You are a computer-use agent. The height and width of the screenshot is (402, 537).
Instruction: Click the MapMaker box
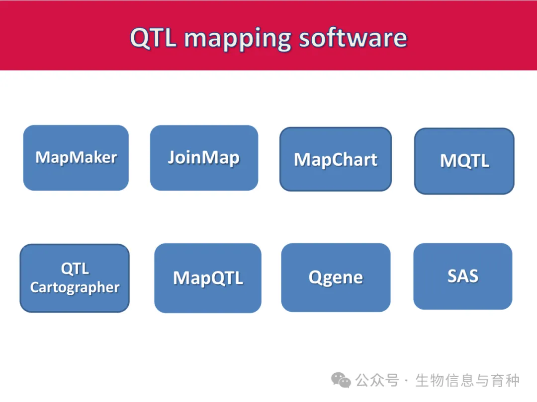click(x=76, y=158)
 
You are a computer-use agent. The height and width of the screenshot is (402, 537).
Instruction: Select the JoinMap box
click(x=204, y=158)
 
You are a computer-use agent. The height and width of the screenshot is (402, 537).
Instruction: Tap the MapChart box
click(x=336, y=159)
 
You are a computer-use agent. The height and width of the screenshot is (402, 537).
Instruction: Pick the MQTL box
click(x=464, y=161)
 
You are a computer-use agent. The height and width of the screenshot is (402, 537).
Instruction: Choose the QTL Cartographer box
click(x=75, y=278)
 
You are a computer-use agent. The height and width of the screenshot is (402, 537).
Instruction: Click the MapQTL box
click(x=208, y=278)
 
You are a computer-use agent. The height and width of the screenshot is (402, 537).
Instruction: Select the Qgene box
click(x=336, y=277)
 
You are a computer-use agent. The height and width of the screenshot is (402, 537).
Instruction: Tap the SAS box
click(x=463, y=276)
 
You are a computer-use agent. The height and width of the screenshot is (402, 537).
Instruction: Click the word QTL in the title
click(x=153, y=38)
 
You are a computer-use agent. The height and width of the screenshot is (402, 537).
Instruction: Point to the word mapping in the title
click(x=238, y=40)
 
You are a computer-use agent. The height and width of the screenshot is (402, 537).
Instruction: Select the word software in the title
click(x=353, y=38)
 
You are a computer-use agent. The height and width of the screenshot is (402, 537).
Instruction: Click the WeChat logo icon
click(x=341, y=380)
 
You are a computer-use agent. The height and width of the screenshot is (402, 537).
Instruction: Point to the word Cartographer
click(x=75, y=287)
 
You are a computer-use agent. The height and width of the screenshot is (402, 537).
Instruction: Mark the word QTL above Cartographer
click(x=75, y=268)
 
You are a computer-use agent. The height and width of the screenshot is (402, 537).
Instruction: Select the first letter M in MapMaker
click(x=43, y=157)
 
